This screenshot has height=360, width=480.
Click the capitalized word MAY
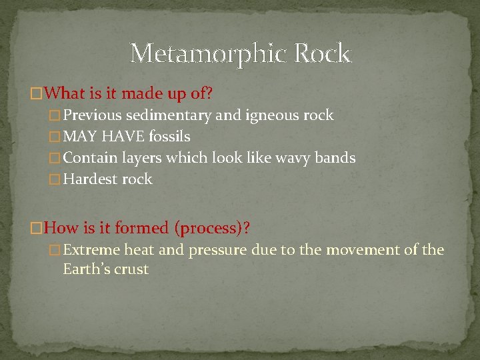tap(79, 137)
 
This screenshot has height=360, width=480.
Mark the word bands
tap(337, 158)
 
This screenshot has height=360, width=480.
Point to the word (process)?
tap(212, 228)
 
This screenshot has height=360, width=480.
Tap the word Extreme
tap(91, 250)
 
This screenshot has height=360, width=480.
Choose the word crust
tap(132, 269)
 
